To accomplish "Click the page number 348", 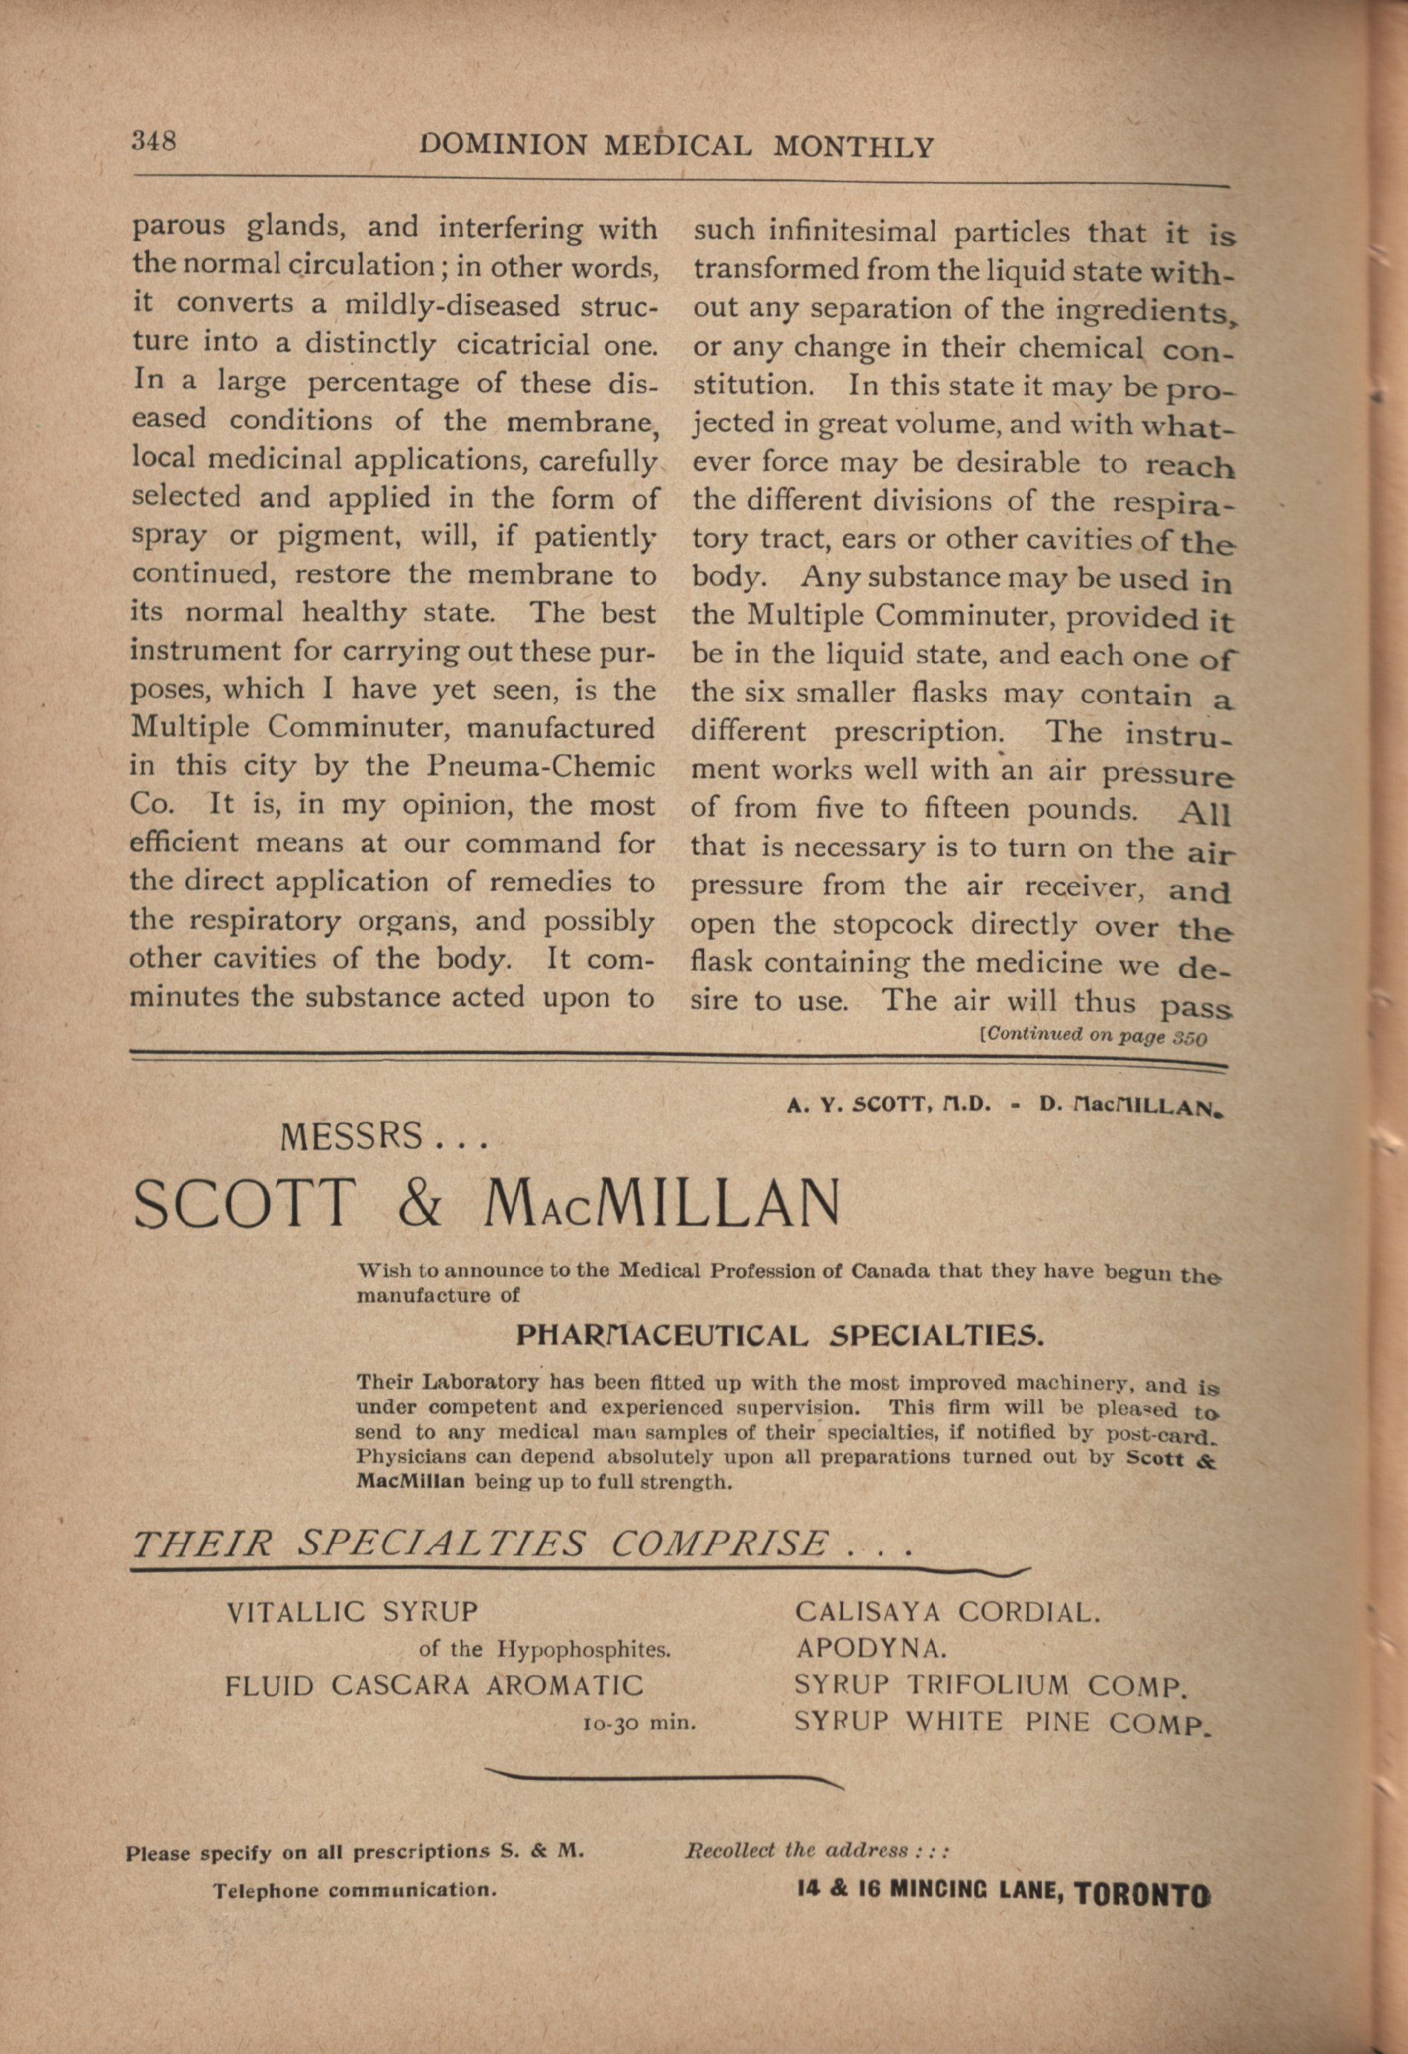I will tap(154, 141).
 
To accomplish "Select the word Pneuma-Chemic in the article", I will tap(541, 766).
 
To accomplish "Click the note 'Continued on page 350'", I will tap(1093, 1036).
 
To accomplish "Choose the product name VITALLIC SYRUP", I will tap(352, 1613).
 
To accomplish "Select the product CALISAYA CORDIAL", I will tap(948, 1612).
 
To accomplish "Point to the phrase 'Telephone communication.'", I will tap(354, 1891).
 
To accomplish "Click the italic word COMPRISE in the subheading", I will tap(720, 1544).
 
